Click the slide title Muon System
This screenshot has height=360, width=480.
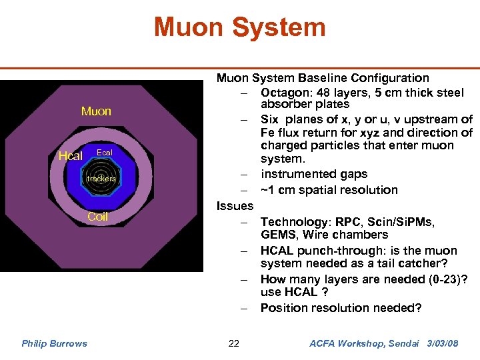click(x=239, y=27)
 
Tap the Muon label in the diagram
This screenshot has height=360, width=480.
click(x=96, y=111)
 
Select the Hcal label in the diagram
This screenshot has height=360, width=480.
click(x=71, y=156)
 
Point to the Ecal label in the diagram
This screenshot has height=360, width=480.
click(x=105, y=153)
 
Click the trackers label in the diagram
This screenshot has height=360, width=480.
click(x=101, y=179)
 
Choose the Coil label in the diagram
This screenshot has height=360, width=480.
click(x=98, y=217)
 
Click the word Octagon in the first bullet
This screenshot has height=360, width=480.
click(x=285, y=93)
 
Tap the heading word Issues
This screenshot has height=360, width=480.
click(x=235, y=206)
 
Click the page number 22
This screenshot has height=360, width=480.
click(x=233, y=343)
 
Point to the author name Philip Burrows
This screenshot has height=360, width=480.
click(x=54, y=343)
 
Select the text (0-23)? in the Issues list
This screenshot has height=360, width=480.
click(x=439, y=279)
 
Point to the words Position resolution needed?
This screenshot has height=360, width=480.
click(x=341, y=308)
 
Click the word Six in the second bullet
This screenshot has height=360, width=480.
click(x=270, y=119)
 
